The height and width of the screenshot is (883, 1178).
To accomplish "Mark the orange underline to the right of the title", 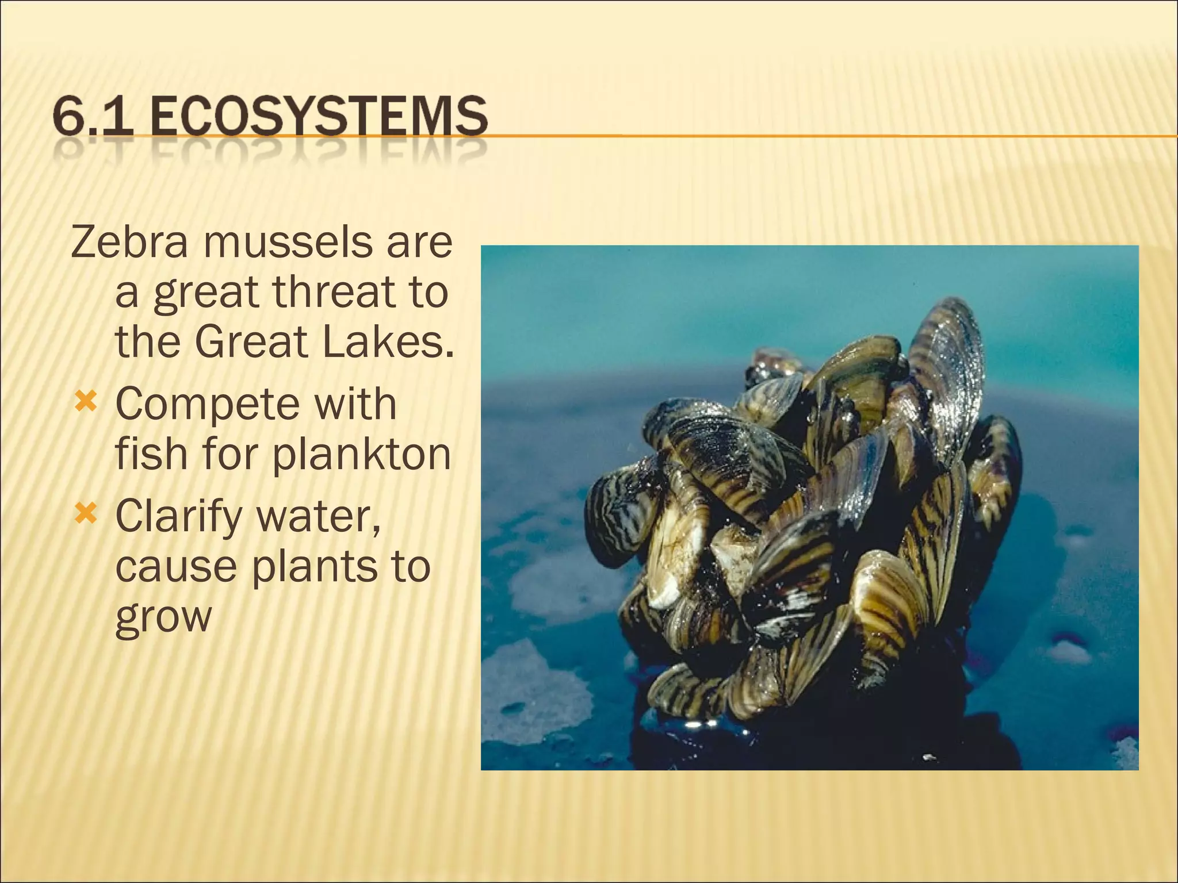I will click(805, 136).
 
